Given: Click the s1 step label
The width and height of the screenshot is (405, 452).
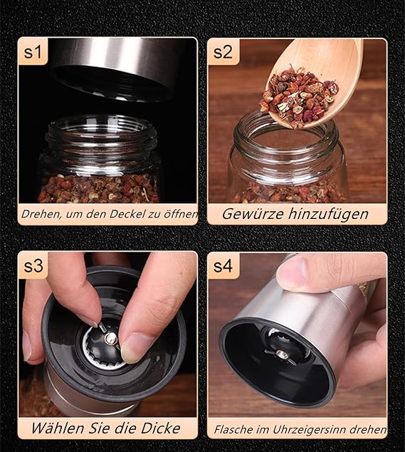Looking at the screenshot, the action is [33, 52].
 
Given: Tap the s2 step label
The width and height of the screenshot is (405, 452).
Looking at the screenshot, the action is [223, 52].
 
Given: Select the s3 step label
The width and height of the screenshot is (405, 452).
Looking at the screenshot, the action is [33, 266].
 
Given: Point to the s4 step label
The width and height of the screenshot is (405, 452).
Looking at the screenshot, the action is [223, 266].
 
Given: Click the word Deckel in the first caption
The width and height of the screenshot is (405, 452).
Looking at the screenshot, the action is [128, 214].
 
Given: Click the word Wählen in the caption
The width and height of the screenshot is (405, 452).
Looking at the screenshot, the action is [58, 428].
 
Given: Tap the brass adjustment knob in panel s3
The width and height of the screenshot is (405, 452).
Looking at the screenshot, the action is [111, 338].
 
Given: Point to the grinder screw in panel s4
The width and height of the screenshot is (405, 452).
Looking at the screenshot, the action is [282, 355].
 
